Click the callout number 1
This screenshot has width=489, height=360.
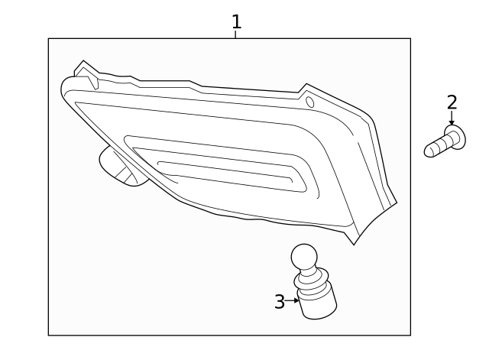237,21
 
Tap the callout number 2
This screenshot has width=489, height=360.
452,102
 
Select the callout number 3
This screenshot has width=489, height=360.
280,302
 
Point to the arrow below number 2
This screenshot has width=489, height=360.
452,118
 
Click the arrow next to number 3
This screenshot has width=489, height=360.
292,300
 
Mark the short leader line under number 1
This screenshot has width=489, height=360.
235,34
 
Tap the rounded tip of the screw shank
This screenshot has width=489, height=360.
429,151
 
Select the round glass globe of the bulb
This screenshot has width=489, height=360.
304,258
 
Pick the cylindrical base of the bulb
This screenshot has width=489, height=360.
317,303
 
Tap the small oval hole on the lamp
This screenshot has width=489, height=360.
309,102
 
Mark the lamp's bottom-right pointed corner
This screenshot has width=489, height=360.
354,245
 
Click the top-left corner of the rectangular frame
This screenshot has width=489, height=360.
48,39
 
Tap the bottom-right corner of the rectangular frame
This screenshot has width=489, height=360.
410,336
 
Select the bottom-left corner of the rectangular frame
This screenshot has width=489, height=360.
48,336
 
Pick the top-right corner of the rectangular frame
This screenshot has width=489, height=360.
410,39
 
